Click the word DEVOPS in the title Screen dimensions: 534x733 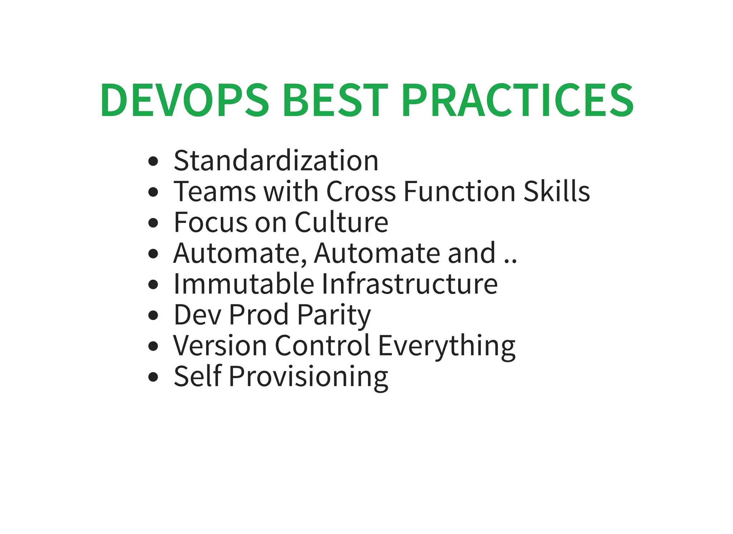184,100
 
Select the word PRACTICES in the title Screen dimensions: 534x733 517,100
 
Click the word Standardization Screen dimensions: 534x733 276,161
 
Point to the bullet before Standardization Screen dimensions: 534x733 153,161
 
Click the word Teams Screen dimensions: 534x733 215,192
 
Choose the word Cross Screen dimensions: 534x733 361,192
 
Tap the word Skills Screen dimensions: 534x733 557,192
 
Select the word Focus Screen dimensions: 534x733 210,222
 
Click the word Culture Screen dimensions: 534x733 341,222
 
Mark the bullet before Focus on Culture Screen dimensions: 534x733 153,223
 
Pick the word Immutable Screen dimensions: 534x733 244,284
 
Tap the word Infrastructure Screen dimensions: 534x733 409,284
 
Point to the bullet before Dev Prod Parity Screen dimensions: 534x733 153,315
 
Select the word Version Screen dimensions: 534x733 220,346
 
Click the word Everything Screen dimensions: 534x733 447,346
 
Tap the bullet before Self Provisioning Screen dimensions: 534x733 153,377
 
